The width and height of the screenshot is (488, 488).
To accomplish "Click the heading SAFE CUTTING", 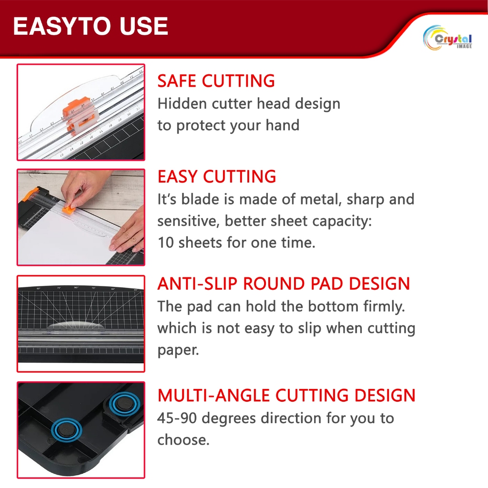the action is point(216,81).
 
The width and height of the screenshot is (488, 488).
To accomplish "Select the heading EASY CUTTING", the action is point(217,176).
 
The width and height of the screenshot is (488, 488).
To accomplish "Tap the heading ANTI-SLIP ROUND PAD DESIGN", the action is point(284,284).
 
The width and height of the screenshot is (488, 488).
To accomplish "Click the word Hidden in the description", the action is point(182,103).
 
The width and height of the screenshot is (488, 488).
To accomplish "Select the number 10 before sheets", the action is point(165,243).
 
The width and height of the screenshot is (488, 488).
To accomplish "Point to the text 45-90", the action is point(177,418).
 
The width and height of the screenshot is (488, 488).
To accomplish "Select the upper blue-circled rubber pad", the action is point(124,404).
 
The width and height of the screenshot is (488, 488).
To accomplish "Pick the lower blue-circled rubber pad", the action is point(66,430).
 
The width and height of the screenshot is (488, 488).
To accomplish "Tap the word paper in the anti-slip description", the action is point(178,351).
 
